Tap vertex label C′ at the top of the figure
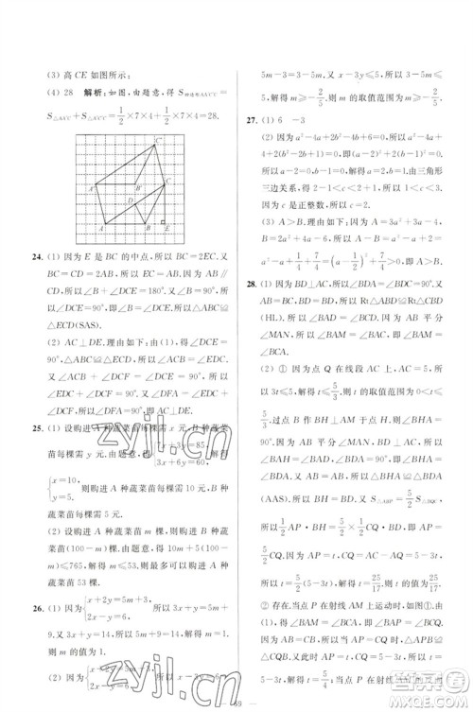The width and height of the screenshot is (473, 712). [158, 141]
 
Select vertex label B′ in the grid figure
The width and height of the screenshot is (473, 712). [139, 189]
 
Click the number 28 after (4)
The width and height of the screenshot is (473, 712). [64, 92]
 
